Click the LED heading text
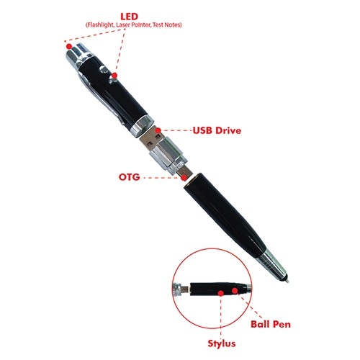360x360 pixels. click(130, 17)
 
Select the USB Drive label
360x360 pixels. click(217, 130)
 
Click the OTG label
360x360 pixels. click(130, 177)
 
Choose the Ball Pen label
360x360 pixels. click(271, 324)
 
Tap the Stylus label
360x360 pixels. click(222, 343)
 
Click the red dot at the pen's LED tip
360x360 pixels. click(69, 46)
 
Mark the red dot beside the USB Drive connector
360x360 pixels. click(158, 130)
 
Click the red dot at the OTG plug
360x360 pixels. click(184, 178)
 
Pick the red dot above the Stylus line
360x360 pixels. click(221, 293)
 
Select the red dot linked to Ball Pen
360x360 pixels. click(235, 291)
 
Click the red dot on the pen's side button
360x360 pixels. click(114, 76)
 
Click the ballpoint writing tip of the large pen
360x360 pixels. click(287, 281)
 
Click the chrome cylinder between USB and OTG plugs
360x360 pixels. click(168, 156)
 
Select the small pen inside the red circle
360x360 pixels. click(212, 289)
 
